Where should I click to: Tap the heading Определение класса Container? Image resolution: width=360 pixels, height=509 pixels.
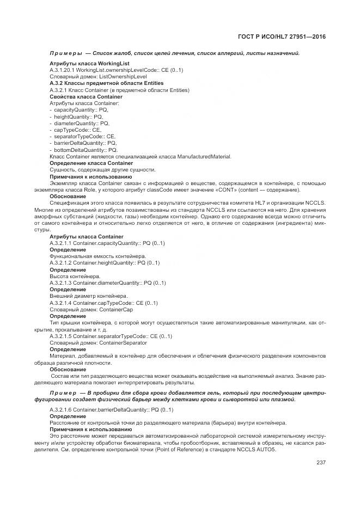click(x=91, y=163)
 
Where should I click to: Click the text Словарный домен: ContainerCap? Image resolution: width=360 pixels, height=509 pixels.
click(x=91, y=309)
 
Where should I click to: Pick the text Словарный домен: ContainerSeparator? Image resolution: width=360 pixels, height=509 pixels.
click(x=98, y=343)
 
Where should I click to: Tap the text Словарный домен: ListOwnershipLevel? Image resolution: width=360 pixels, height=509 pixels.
click(x=98, y=77)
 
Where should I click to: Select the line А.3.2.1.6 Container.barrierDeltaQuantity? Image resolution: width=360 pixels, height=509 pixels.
click(x=111, y=409)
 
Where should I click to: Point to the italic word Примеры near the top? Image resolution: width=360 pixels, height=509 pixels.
click(x=65, y=53)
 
